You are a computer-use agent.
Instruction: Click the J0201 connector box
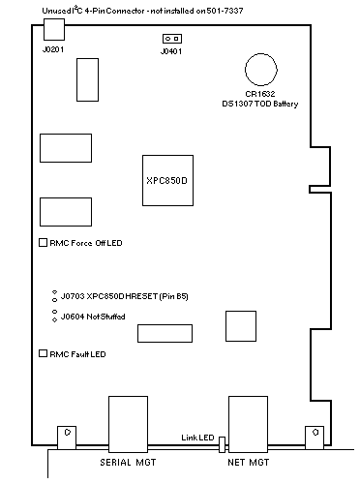pyautogui.click(x=54, y=29)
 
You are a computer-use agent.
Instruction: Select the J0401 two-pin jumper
pyautogui.click(x=172, y=39)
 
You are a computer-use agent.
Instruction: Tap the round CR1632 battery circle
pyautogui.click(x=261, y=70)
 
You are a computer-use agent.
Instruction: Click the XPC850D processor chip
pyautogui.click(x=167, y=180)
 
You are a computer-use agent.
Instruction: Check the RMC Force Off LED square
pyautogui.click(x=43, y=243)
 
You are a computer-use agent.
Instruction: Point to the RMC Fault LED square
pyautogui.click(x=43, y=353)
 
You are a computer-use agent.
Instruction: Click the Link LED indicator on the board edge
pyautogui.click(x=222, y=444)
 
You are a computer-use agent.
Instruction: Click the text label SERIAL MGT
pyautogui.click(x=128, y=463)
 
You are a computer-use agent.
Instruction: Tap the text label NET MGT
pyautogui.click(x=248, y=463)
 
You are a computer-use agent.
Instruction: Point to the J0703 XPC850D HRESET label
pyautogui.click(x=125, y=296)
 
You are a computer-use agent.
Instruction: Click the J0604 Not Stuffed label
pyautogui.click(x=93, y=317)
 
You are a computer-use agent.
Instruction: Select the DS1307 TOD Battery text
pyautogui.click(x=260, y=104)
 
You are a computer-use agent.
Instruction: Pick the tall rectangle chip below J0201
pyautogui.click(x=87, y=79)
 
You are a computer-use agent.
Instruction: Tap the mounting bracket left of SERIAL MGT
pyautogui.click(x=67, y=438)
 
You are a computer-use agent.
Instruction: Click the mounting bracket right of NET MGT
pyautogui.click(x=315, y=438)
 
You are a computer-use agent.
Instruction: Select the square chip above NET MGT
pyautogui.click(x=241, y=326)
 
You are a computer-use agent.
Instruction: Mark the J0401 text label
pyautogui.click(x=171, y=51)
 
